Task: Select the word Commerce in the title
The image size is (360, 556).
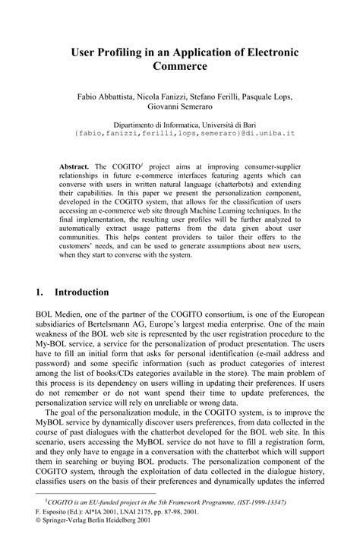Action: coord(180,67)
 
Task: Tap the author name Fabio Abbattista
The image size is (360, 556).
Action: coord(103,97)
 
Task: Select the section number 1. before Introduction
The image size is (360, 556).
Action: coord(40,292)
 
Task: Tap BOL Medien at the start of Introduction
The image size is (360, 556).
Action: coord(59,314)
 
